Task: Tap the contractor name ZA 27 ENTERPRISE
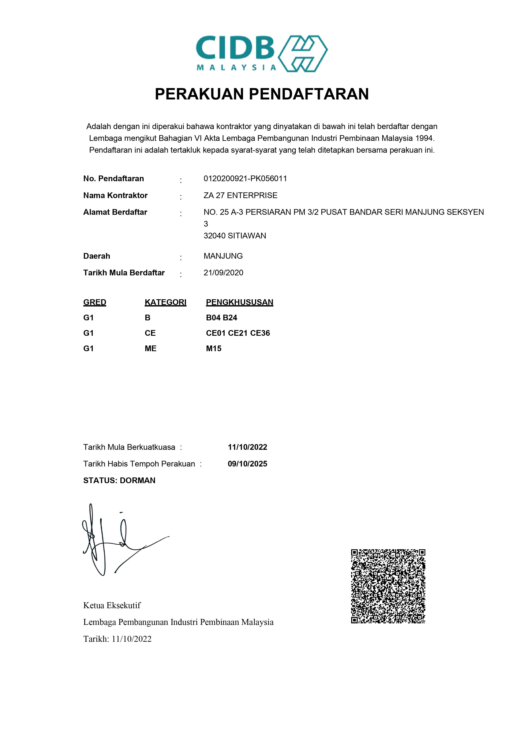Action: click(240, 195)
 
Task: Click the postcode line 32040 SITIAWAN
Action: click(235, 236)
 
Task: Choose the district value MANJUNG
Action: click(223, 256)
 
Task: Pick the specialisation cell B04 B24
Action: click(221, 318)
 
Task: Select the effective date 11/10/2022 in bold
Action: click(247, 447)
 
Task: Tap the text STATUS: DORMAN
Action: click(119, 481)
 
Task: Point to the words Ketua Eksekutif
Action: click(112, 605)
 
